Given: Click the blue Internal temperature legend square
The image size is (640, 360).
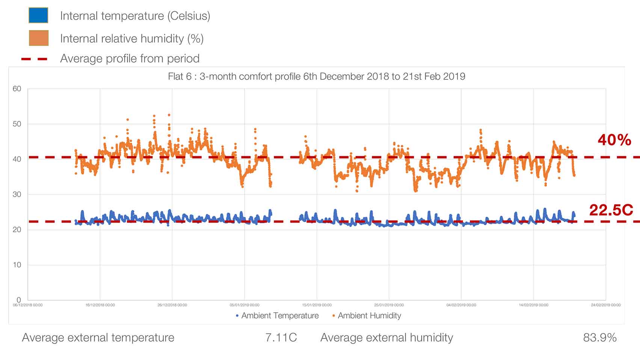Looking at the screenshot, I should (38, 15).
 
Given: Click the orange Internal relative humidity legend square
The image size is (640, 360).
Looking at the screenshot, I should (38, 38).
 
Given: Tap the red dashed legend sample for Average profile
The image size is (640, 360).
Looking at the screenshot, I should (35, 59).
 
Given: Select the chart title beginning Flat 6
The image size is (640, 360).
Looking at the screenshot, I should (316, 77).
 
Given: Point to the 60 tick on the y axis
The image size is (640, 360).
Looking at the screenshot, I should (17, 89).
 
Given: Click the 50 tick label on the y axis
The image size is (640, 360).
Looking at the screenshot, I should (17, 124).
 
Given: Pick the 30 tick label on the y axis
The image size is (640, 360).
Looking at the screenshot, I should (17, 194).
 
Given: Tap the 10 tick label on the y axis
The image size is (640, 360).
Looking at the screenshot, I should (17, 265).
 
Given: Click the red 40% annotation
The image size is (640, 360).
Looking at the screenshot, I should (614, 140).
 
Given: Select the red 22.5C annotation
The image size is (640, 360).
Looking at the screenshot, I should (611, 210).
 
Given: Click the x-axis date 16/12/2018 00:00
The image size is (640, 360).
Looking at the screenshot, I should (100, 305).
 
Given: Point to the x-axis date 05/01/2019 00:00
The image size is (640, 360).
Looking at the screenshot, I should (245, 305).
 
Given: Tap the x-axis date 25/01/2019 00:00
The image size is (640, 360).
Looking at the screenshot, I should (389, 305).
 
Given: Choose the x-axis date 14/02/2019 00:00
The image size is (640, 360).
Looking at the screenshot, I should (533, 305).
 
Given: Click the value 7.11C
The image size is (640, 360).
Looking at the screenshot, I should (281, 337).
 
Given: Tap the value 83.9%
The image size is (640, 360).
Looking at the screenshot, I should (599, 337).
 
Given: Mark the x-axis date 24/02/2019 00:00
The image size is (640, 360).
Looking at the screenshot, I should (605, 305).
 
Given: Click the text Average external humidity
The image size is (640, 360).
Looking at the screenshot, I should (386, 337).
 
